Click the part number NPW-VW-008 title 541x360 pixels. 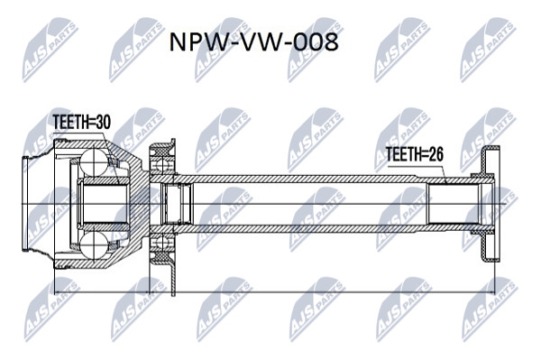(253, 42)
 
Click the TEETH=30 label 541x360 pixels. (82, 122)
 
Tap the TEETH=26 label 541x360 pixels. (415, 154)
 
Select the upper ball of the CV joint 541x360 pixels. (94, 161)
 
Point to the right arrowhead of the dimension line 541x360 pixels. (491, 292)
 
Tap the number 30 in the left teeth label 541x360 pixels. (103, 122)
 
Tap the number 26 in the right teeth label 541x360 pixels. (436, 154)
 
